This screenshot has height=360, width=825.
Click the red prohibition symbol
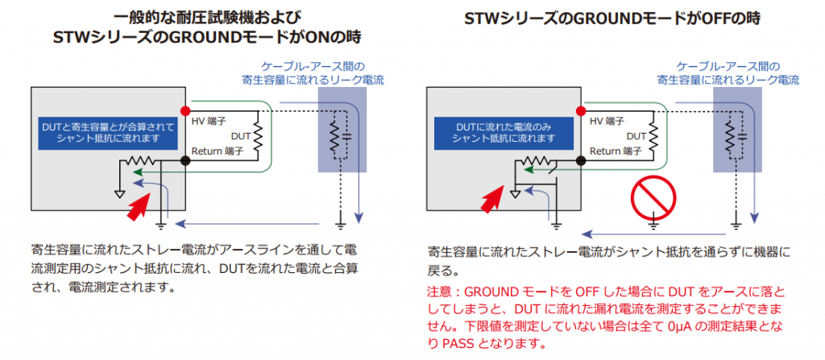(653, 198)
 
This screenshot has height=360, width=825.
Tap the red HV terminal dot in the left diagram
(184, 111)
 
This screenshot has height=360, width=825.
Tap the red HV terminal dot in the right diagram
(580, 111)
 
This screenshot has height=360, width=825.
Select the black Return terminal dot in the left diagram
(184, 162)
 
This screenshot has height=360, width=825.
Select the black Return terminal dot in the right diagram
(580, 162)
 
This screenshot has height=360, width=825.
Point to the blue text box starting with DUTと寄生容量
(109, 133)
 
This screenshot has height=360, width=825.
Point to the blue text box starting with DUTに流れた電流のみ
(504, 133)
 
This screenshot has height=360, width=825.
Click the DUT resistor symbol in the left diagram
(258, 136)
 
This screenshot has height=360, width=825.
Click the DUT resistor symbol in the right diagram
(653, 136)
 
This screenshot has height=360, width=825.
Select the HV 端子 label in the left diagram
(209, 122)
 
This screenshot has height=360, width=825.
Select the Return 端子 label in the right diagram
(616, 151)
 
